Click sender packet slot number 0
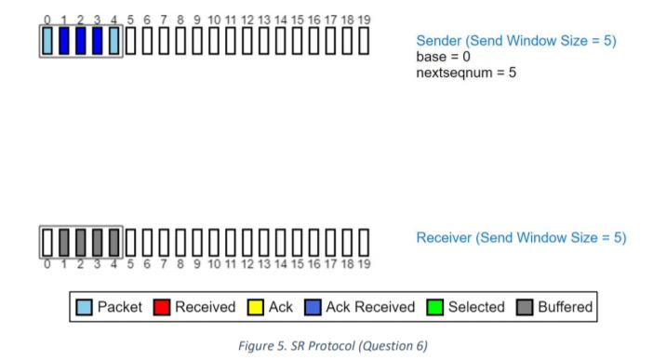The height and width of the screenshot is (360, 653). (x=47, y=42)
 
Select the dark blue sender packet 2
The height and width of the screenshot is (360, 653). (x=81, y=42)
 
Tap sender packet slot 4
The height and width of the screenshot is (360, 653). (x=114, y=42)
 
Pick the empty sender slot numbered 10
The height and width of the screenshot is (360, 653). (x=215, y=42)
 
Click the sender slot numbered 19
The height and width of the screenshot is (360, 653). (x=364, y=42)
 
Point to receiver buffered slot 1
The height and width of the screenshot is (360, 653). (x=64, y=242)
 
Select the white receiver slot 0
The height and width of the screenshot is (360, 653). (x=47, y=242)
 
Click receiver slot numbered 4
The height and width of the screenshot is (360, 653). (x=114, y=242)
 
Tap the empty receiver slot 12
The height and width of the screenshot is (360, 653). (x=247, y=242)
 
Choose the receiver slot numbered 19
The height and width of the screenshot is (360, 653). (x=364, y=242)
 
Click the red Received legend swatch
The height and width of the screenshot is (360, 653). (x=162, y=307)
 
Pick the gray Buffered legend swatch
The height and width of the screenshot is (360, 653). (x=525, y=307)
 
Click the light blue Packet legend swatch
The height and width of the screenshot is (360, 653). (x=85, y=307)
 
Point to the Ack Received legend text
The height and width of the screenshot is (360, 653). (x=370, y=307)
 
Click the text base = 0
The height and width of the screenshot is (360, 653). (x=443, y=57)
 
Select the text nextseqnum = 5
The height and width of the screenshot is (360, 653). (x=465, y=72)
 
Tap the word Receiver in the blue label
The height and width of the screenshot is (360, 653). (x=444, y=238)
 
